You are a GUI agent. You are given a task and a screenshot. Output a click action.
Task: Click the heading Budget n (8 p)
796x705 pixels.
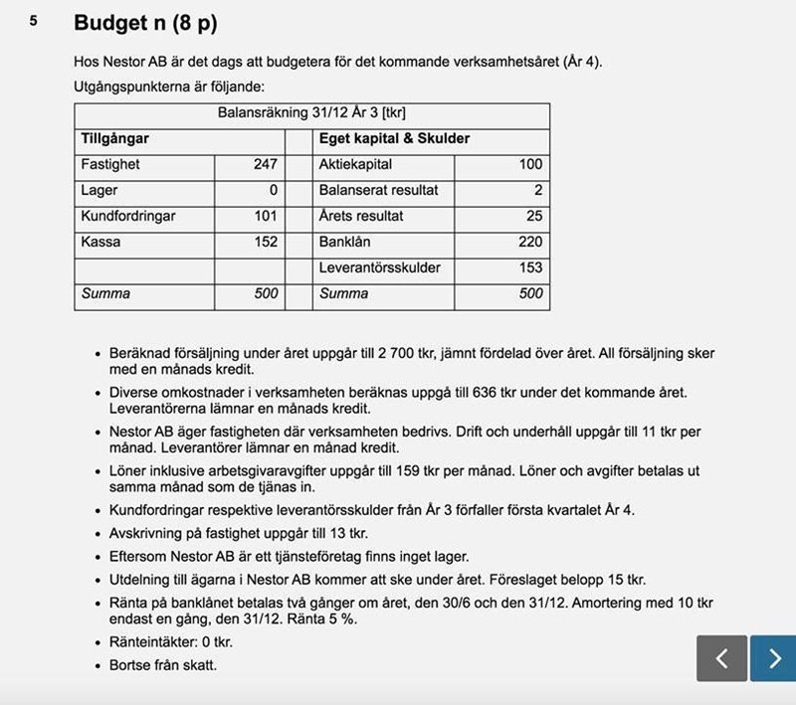pyautogui.click(x=145, y=22)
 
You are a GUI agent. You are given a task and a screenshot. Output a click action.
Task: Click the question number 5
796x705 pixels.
pyautogui.click(x=34, y=20)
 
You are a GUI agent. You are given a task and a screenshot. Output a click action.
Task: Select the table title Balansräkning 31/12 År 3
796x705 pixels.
pyautogui.click(x=311, y=113)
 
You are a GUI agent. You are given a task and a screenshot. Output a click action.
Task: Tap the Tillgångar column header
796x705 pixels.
pyautogui.click(x=115, y=139)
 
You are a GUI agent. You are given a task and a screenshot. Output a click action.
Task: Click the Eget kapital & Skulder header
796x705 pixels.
pyautogui.click(x=395, y=139)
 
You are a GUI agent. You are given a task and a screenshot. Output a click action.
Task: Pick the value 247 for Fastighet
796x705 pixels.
pyautogui.click(x=266, y=164)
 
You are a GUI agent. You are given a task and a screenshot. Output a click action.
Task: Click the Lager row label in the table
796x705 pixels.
pyautogui.click(x=99, y=190)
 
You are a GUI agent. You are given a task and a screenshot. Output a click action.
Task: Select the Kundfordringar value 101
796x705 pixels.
pyautogui.click(x=266, y=216)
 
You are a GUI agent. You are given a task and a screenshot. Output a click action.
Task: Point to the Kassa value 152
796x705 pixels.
pyautogui.click(x=266, y=242)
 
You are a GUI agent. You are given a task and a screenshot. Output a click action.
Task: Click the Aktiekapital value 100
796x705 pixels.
pyautogui.click(x=530, y=164)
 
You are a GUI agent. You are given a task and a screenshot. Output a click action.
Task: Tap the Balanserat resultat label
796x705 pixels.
pyautogui.click(x=379, y=190)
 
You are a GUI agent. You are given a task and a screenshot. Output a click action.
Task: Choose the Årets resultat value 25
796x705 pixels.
pyautogui.click(x=534, y=216)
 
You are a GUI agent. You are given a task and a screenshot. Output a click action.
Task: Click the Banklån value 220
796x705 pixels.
pyautogui.click(x=530, y=242)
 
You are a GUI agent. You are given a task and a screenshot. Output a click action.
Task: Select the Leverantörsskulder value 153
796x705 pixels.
pyautogui.click(x=530, y=267)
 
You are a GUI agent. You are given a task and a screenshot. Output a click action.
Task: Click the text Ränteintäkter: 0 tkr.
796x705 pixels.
pyautogui.click(x=170, y=642)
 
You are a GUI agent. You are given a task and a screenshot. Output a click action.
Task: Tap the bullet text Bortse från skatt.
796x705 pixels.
pyautogui.click(x=162, y=664)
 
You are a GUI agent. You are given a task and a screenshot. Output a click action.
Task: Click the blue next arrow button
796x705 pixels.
pyautogui.click(x=773, y=658)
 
